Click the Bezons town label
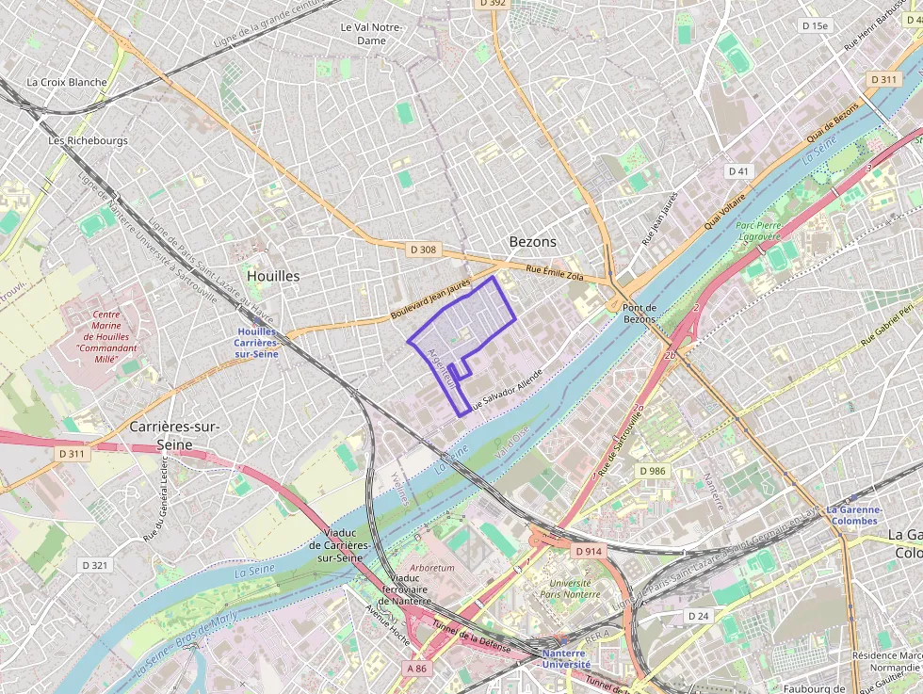(x=532, y=241)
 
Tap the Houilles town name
(x=273, y=276)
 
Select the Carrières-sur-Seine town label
(x=174, y=435)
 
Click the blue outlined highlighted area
(x=466, y=320)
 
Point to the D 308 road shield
(x=424, y=250)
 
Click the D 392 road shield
(x=493, y=4)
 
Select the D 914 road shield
(x=588, y=550)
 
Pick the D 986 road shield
(x=651, y=470)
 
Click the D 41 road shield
(x=738, y=171)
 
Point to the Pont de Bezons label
(x=639, y=314)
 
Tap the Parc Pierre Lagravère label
(x=760, y=232)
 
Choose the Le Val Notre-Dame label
(x=371, y=35)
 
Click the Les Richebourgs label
(x=88, y=140)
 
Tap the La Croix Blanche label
(x=67, y=82)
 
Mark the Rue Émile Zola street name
(x=555, y=274)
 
